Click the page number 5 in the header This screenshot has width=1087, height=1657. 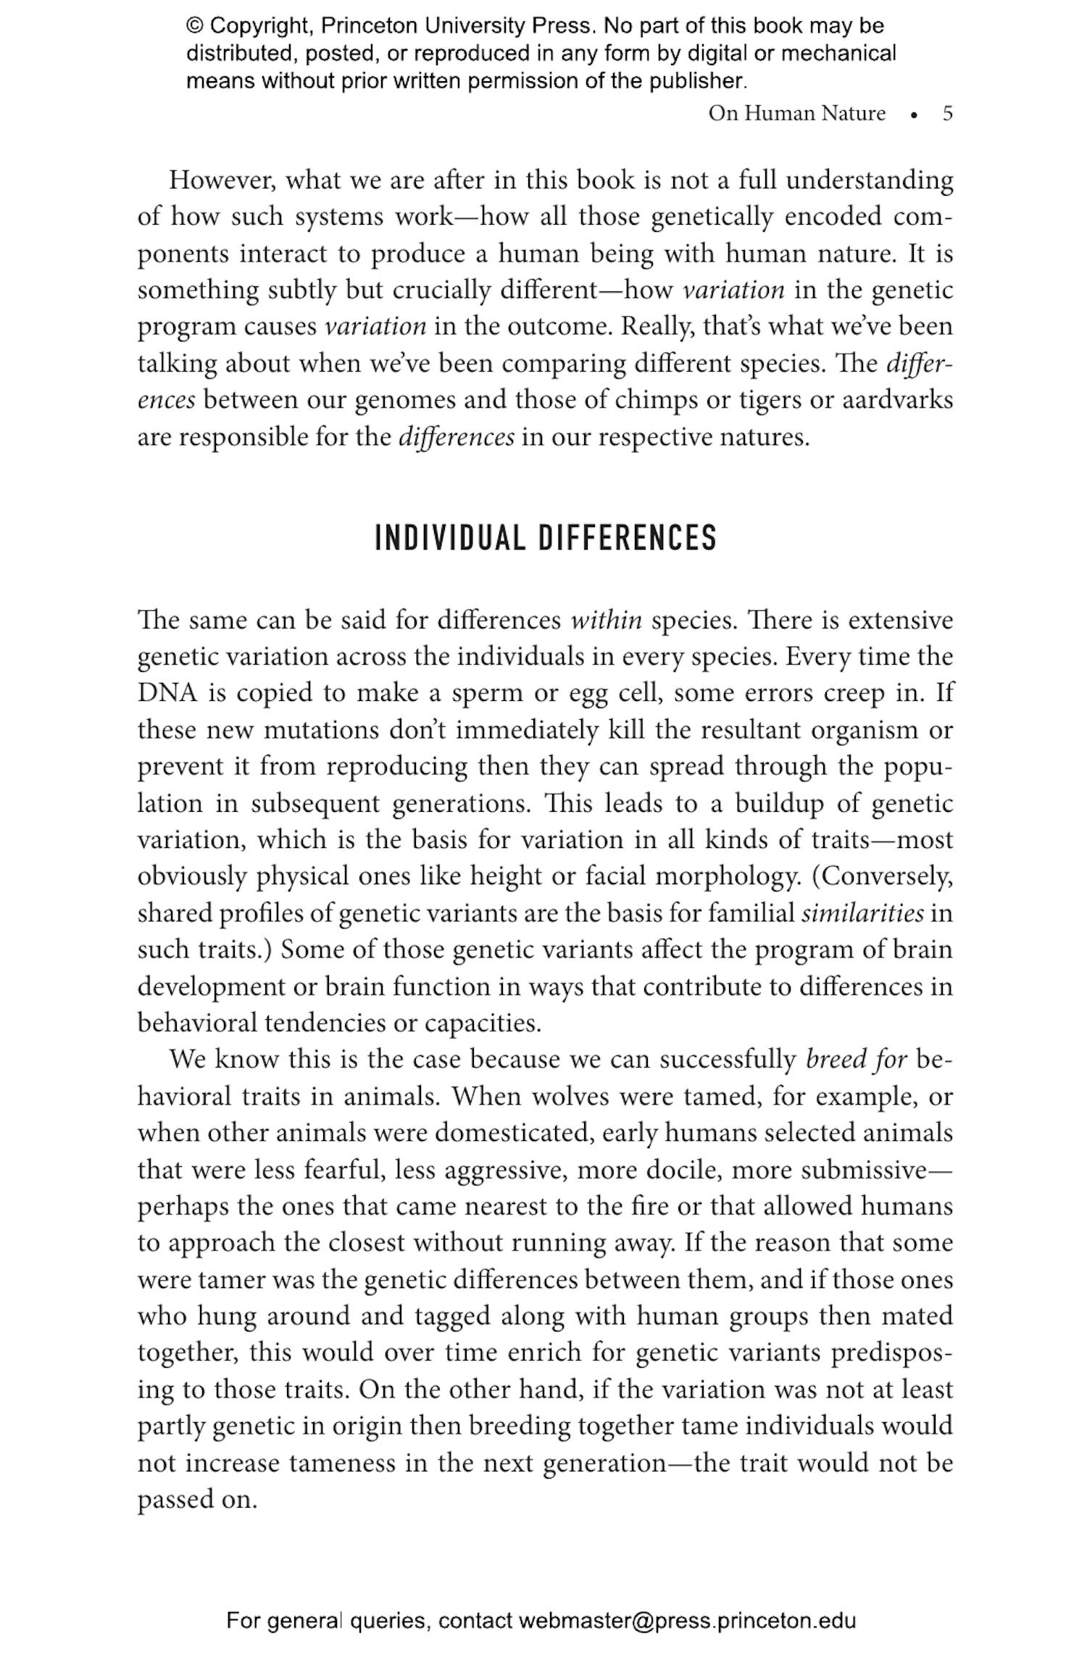(x=947, y=114)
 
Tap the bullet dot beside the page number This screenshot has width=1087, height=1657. (x=915, y=115)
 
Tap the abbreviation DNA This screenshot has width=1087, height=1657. (x=167, y=693)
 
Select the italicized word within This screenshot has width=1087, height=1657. (x=606, y=620)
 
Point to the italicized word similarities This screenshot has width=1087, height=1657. (x=862, y=913)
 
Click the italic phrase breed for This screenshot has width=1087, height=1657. (x=856, y=1060)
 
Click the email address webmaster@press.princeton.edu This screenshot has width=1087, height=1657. (x=686, y=1620)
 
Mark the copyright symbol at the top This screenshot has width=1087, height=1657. (x=195, y=26)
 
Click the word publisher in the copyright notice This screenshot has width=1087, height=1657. (x=696, y=80)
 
